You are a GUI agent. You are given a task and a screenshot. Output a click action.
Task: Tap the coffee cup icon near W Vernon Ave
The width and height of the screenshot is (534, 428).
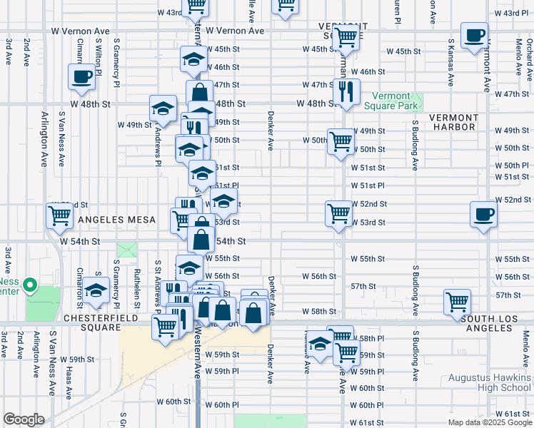(x=474, y=35)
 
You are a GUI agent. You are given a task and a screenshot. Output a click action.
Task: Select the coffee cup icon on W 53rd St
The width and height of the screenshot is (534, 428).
(x=484, y=213)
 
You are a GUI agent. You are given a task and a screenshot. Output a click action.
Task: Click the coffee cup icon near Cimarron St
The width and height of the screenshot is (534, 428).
(x=82, y=76)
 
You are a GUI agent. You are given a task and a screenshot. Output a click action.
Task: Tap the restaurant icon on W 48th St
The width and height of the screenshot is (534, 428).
(x=346, y=91)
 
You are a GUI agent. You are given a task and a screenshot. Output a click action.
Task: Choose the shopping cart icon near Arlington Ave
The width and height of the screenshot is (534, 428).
(x=61, y=215)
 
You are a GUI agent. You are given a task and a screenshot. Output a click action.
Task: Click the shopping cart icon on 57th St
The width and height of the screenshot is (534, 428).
(x=457, y=300)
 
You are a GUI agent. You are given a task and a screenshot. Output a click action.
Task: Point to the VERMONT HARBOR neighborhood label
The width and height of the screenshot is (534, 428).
(x=453, y=122)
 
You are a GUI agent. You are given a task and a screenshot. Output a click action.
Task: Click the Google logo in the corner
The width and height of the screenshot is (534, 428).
(x=24, y=419)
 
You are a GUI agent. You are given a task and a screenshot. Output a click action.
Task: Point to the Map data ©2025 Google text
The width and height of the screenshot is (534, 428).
(x=490, y=422)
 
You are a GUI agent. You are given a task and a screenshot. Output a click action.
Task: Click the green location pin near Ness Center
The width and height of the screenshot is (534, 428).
(x=29, y=287)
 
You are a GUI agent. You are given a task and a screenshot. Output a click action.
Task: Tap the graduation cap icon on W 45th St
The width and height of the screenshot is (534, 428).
(x=193, y=60)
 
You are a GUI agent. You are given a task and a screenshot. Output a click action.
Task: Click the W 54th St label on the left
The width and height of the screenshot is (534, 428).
(x=79, y=243)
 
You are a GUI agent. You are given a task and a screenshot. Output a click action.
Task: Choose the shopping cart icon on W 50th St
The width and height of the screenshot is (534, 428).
(x=341, y=140)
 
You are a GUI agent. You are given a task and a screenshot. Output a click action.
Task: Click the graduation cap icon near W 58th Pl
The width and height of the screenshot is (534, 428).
(x=321, y=344)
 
